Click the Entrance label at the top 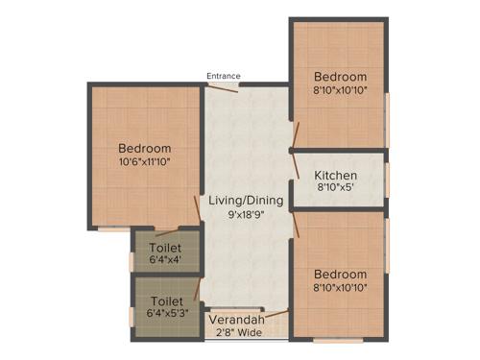(224, 76)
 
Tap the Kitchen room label (336, 176)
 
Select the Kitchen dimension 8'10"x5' (336, 190)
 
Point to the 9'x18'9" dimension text (246, 215)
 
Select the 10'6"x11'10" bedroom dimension (145, 163)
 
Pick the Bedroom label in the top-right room (341, 77)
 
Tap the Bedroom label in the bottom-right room (340, 273)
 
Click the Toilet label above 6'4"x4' (166, 245)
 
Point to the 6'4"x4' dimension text (166, 259)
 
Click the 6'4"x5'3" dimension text (166, 314)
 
